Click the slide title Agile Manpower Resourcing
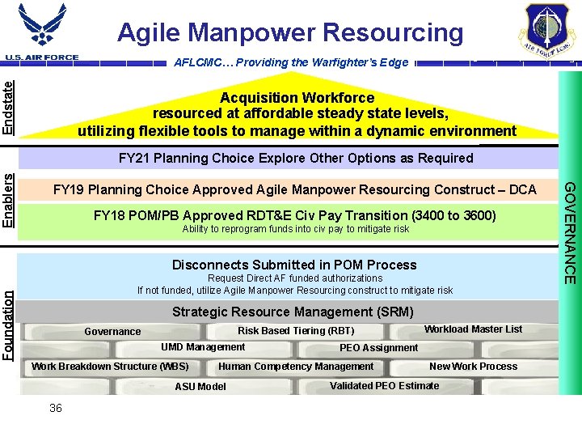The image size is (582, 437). click(290, 32)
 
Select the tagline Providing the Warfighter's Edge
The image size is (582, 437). click(292, 62)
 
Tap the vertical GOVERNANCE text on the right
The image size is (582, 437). click(570, 233)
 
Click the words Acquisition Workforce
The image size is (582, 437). click(297, 98)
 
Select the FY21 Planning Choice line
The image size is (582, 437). click(296, 158)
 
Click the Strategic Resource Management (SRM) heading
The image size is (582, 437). click(293, 312)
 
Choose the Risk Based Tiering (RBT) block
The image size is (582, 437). click(296, 330)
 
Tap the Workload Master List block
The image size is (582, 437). click(473, 329)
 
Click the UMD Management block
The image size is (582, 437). click(203, 347)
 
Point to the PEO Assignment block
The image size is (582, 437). click(378, 348)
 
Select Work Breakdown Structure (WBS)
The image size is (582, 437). click(110, 367)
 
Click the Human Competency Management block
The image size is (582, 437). click(296, 367)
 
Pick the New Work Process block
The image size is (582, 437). click(473, 367)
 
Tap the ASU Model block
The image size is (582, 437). click(200, 387)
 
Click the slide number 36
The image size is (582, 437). click(55, 408)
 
